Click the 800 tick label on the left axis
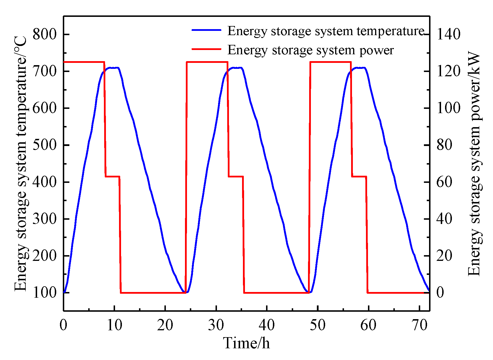(x=45, y=34)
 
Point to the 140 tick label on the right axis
(x=448, y=34)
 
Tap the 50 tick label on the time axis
(x=317, y=325)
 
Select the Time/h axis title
(x=246, y=343)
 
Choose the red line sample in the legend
(x=206, y=49)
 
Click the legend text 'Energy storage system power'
(x=310, y=50)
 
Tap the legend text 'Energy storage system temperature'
(x=325, y=31)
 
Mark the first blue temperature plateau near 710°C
(x=113, y=68)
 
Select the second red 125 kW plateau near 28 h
(x=207, y=62)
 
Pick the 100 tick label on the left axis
(x=45, y=292)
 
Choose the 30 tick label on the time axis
(x=216, y=325)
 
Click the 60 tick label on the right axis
(x=444, y=182)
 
